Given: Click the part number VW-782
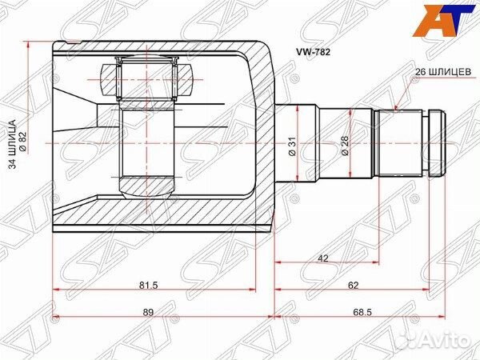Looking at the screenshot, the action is (313, 52).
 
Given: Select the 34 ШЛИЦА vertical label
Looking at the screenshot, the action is (13, 145).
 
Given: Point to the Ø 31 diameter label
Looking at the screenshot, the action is (293, 146).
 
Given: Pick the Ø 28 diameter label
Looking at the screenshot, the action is (345, 146).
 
